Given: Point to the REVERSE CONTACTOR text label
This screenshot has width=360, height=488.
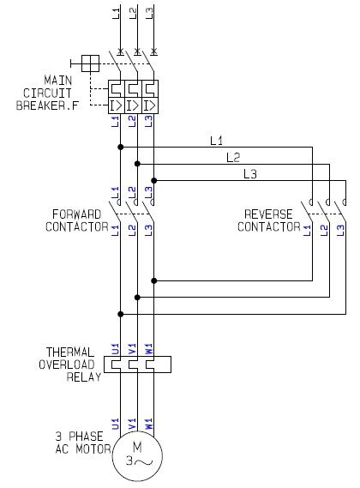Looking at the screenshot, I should point(271,220).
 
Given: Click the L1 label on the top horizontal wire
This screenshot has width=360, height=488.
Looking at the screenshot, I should point(217,139).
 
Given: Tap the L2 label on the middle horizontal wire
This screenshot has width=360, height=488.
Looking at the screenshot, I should point(233,157).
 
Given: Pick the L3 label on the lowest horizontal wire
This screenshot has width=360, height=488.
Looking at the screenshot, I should point(249,174).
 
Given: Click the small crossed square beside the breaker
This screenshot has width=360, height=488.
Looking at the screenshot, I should point(89,62).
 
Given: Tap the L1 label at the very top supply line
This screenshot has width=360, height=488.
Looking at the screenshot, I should point(116,12).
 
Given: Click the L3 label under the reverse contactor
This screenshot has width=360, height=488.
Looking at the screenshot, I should point(340,229).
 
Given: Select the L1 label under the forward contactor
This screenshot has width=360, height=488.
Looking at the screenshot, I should point(116,229).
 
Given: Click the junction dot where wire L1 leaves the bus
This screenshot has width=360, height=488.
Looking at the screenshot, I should point(120,147).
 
